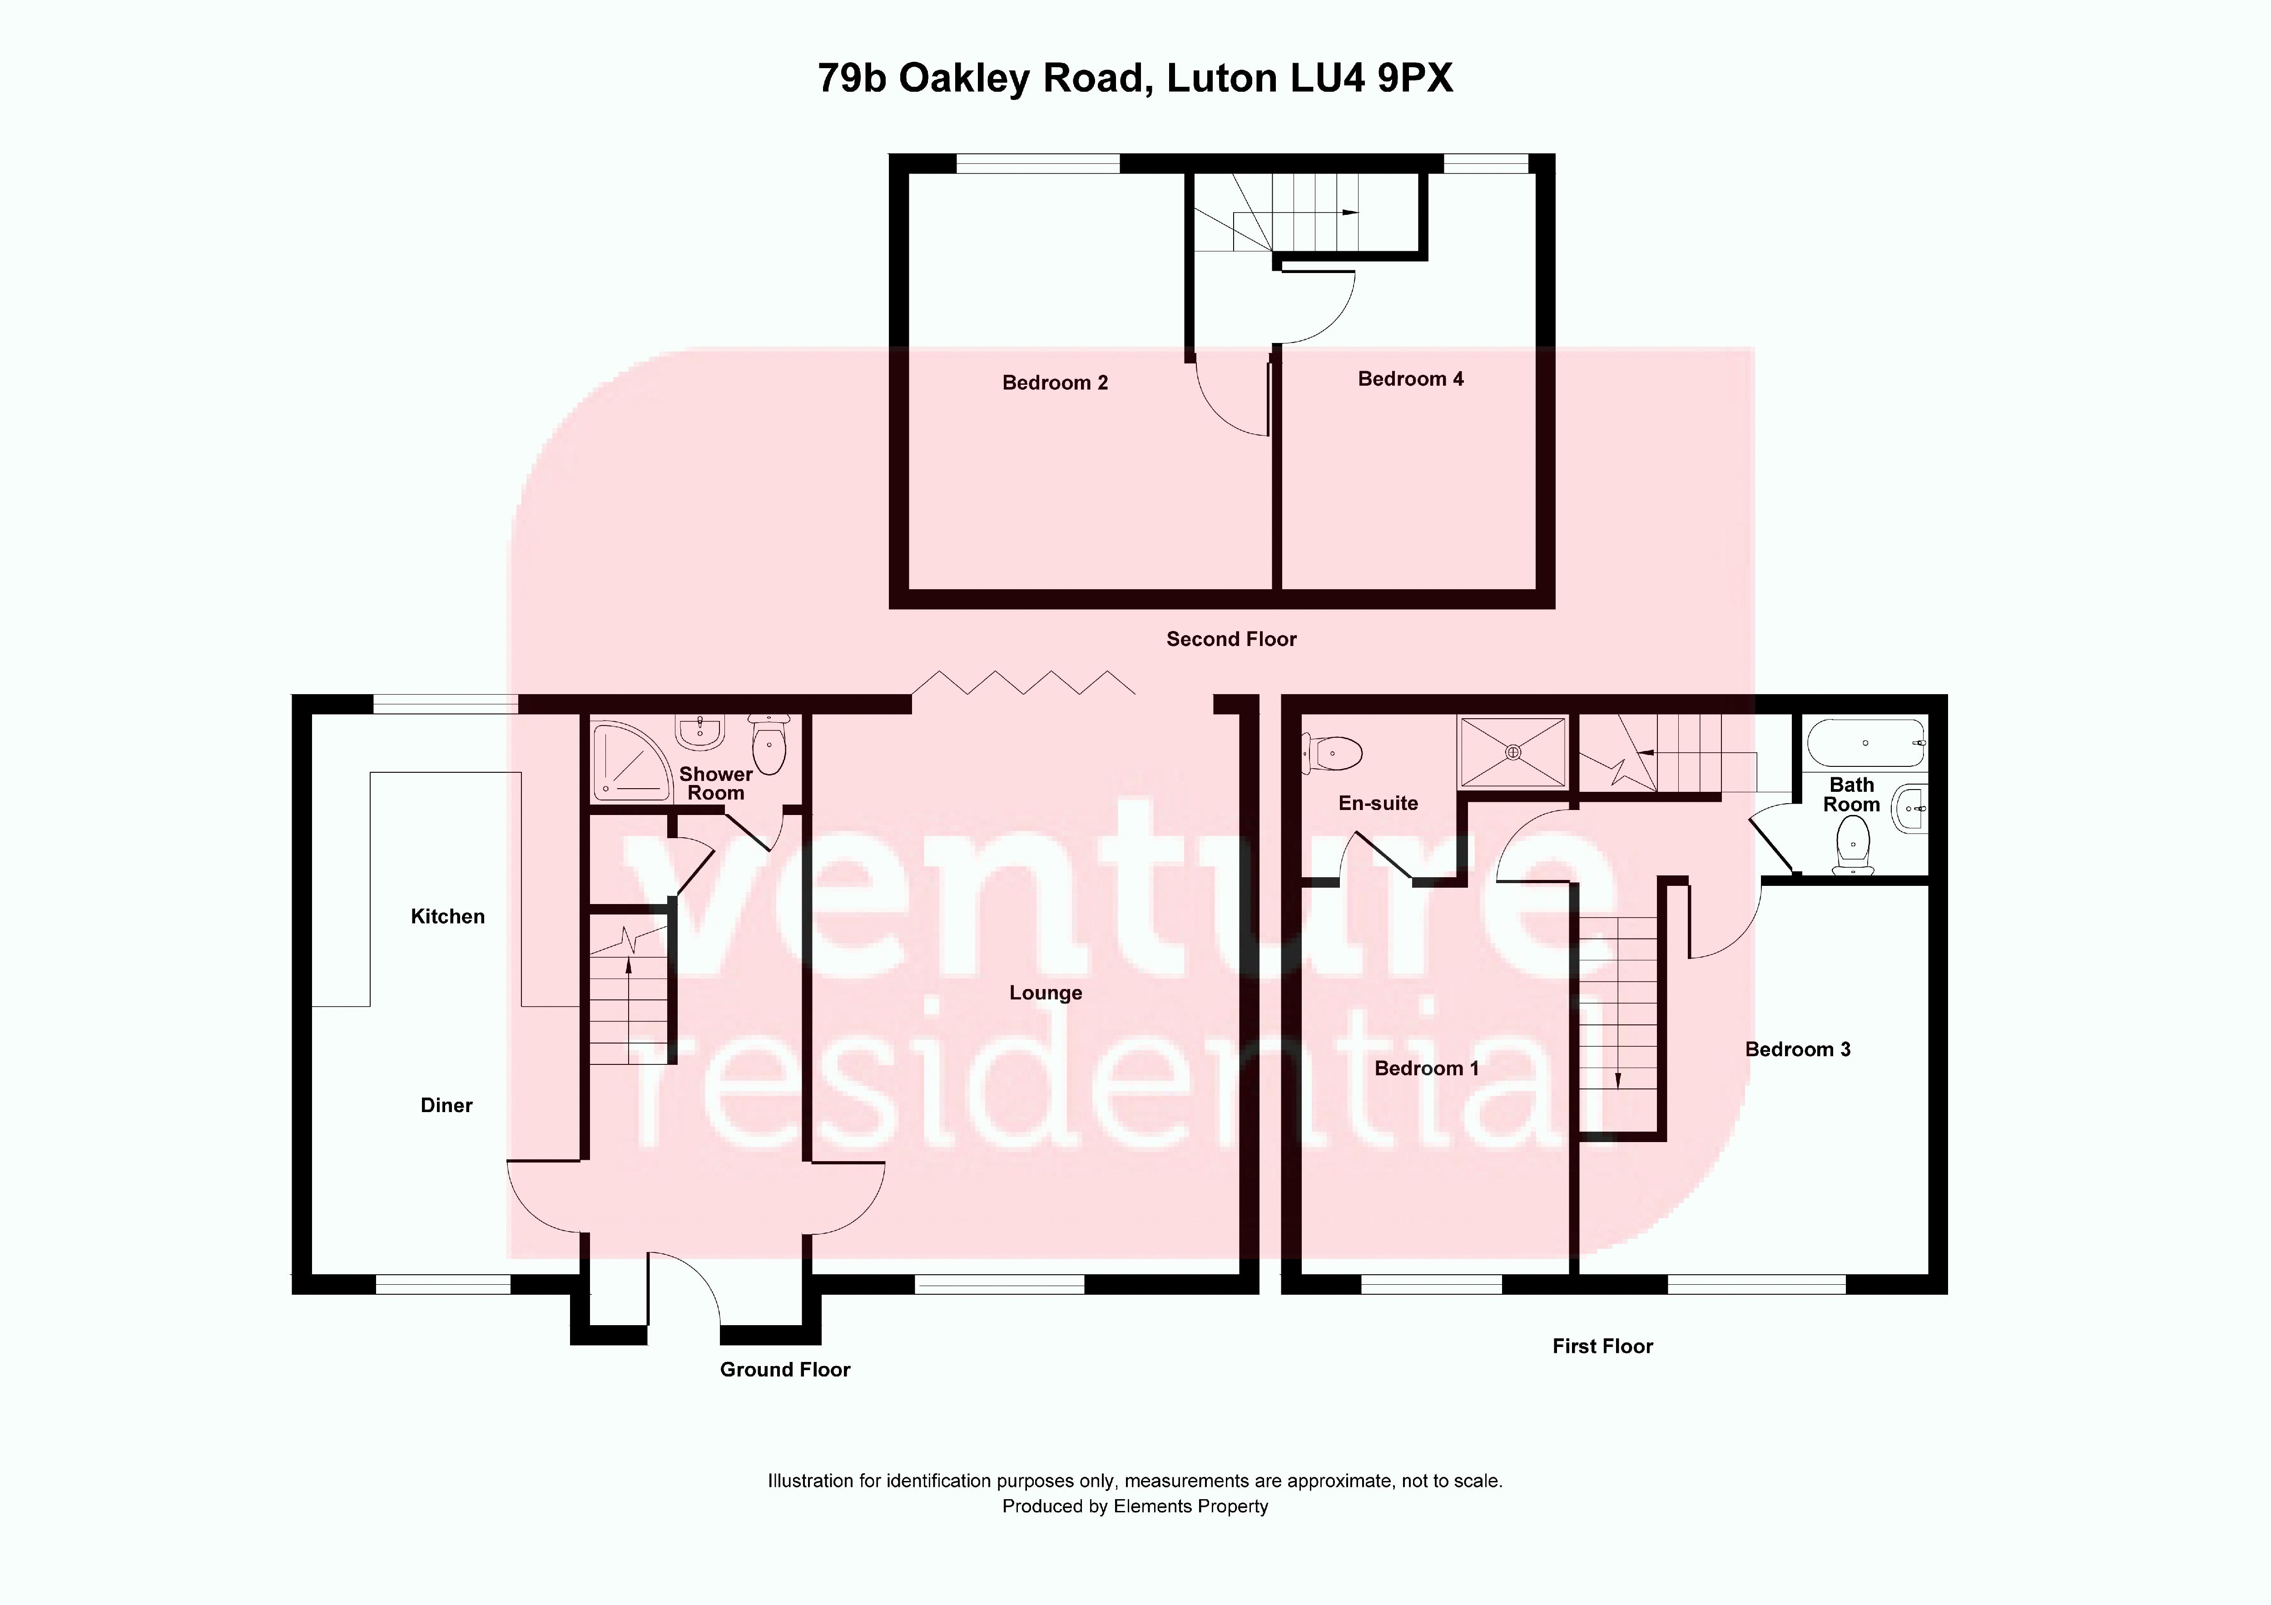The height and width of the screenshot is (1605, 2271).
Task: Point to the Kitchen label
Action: coord(447,916)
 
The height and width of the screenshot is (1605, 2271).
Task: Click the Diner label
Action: coord(446,1105)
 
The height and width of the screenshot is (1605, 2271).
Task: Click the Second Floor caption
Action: coord(1230,639)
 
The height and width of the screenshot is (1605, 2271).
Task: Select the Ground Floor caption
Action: coord(784,1370)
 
